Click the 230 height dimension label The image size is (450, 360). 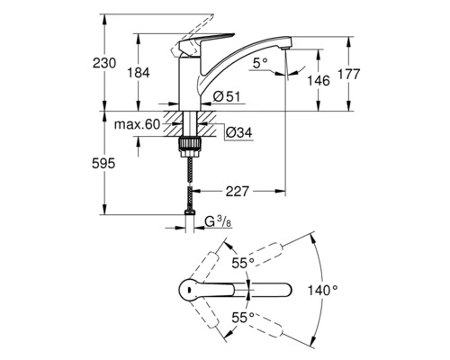104,63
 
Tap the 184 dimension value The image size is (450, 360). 139,73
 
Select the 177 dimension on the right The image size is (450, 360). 349,74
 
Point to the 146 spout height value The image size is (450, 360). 319,80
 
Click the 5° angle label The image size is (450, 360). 260,63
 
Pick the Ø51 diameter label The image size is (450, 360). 227,96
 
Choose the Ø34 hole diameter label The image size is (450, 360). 239,132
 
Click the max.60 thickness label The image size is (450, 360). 137,124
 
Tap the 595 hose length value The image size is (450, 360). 103,164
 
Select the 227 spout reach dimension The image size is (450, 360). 238,191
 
